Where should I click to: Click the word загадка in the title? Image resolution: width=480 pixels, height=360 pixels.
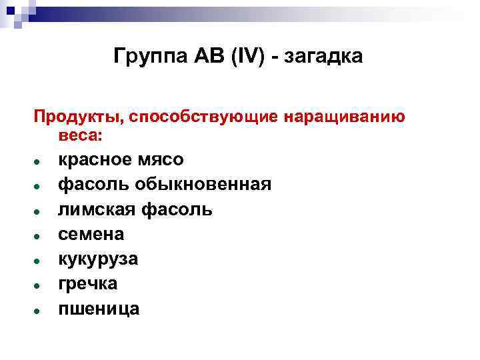pyautogui.click(x=324, y=57)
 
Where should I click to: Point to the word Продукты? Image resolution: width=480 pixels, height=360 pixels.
pyautogui.click(x=74, y=118)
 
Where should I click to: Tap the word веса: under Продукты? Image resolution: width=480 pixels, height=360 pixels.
pyautogui.click(x=81, y=135)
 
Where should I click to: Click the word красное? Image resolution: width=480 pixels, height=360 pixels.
pyautogui.click(x=94, y=161)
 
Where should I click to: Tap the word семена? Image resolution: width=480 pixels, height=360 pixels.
pyautogui.click(x=91, y=234)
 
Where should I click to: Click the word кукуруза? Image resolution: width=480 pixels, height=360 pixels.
pyautogui.click(x=98, y=259)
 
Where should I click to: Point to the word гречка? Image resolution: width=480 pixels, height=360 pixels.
pyautogui.click(x=88, y=283)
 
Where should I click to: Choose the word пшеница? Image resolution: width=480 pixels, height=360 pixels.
pyautogui.click(x=99, y=308)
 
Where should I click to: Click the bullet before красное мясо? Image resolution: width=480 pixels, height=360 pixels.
pyautogui.click(x=41, y=162)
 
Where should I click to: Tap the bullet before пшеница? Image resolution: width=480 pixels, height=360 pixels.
pyautogui.click(x=41, y=310)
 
